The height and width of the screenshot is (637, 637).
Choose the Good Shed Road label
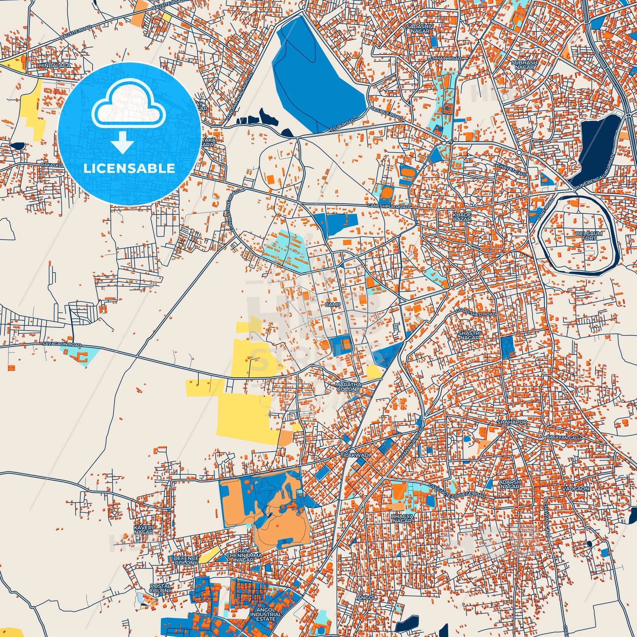475,313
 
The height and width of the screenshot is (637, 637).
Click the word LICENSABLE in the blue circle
129,169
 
